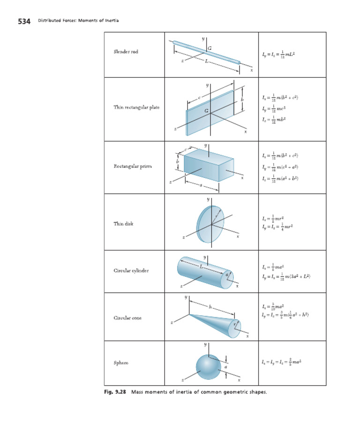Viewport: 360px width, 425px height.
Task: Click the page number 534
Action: [24, 21]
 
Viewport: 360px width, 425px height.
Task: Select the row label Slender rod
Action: [126, 52]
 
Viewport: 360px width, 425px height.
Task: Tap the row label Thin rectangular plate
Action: [136, 107]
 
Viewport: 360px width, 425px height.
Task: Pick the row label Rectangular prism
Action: [133, 166]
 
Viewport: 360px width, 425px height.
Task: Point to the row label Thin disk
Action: [123, 224]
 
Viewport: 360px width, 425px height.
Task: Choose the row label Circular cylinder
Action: [131, 271]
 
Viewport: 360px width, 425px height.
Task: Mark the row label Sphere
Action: [121, 363]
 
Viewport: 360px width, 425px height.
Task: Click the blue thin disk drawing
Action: [210, 224]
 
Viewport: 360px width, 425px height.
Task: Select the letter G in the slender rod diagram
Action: [209, 47]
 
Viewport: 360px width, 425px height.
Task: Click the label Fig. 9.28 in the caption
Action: [115, 392]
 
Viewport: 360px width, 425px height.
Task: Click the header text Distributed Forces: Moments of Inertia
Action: [78, 21]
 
